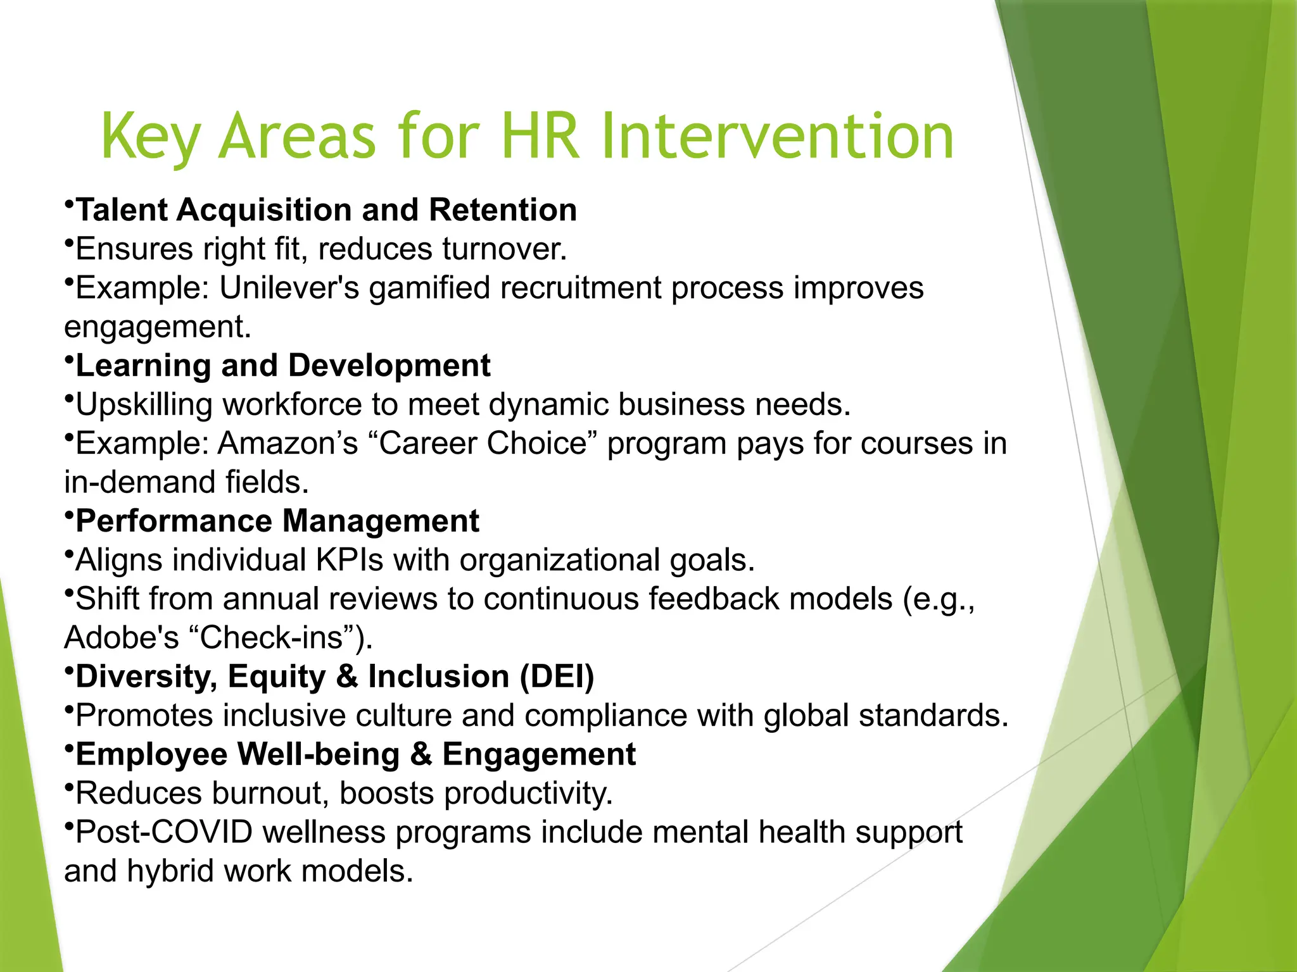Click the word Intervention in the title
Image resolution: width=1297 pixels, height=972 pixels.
pos(777,137)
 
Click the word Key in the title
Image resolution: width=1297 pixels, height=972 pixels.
pos(151,137)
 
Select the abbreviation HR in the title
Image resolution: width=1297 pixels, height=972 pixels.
pos(540,137)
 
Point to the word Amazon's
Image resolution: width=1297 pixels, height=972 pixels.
pos(288,444)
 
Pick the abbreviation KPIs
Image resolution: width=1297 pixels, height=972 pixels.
pos(350,560)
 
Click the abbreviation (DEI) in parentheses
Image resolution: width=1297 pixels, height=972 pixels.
pos(557,676)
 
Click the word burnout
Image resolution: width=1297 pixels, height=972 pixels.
pos(270,794)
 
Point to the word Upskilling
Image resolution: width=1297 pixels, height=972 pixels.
pos(144,405)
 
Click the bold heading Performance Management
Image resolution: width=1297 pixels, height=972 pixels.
pos(277,521)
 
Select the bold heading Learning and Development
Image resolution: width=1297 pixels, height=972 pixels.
pos(283,366)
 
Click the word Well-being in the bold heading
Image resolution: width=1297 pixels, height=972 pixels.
pos(318,754)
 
